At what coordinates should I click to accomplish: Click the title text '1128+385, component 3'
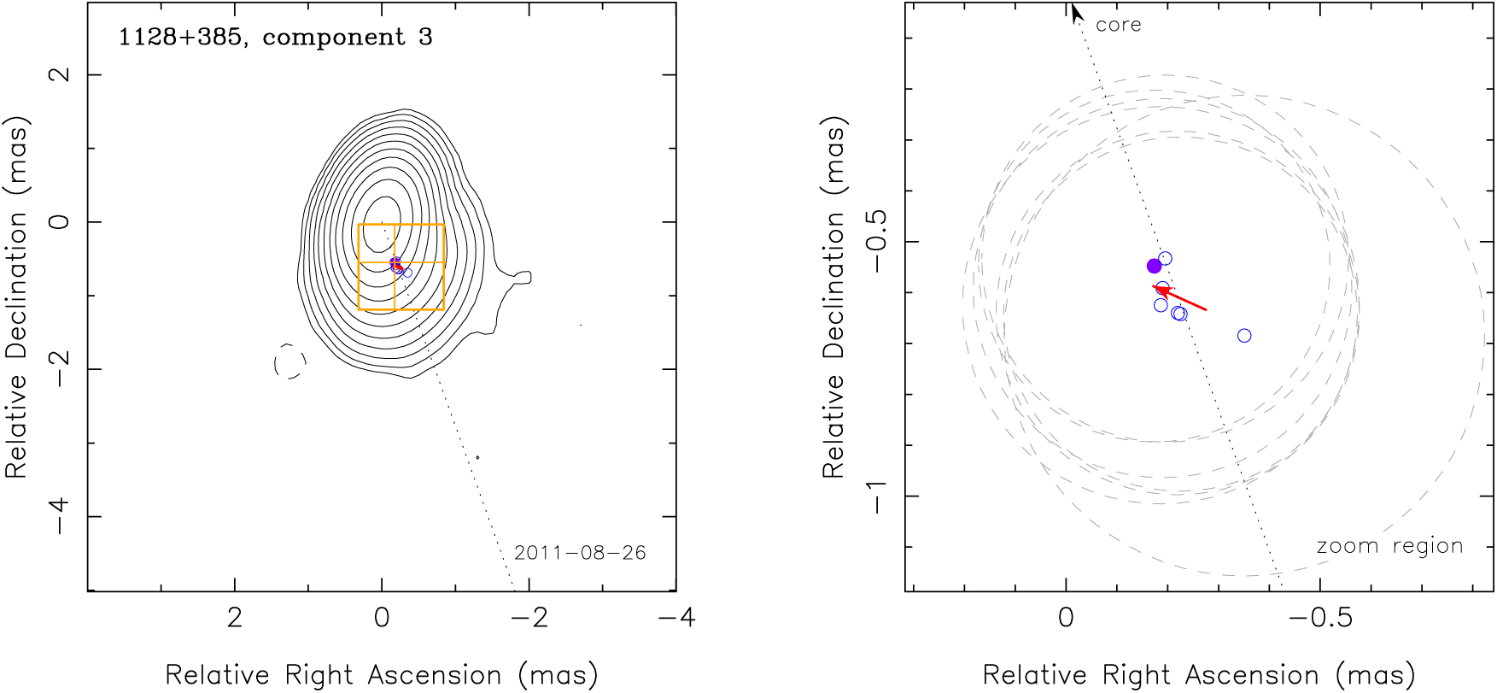[275, 38]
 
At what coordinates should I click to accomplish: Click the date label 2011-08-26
[580, 553]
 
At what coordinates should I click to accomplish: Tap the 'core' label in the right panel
[1118, 26]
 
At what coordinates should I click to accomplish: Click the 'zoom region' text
[1389, 546]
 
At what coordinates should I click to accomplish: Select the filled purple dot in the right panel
[1155, 266]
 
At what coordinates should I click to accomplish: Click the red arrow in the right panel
[1180, 298]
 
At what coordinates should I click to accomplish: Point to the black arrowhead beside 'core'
[1076, 13]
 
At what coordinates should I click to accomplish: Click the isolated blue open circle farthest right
[1244, 336]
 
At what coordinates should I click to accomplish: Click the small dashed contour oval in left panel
[289, 361]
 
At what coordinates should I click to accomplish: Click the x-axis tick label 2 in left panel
[234, 618]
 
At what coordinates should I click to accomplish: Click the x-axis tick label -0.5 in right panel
[1320, 618]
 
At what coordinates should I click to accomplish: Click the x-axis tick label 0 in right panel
[1066, 618]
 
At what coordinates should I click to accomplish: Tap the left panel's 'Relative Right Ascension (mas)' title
[381, 675]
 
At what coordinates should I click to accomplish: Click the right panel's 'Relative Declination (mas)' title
[833, 297]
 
